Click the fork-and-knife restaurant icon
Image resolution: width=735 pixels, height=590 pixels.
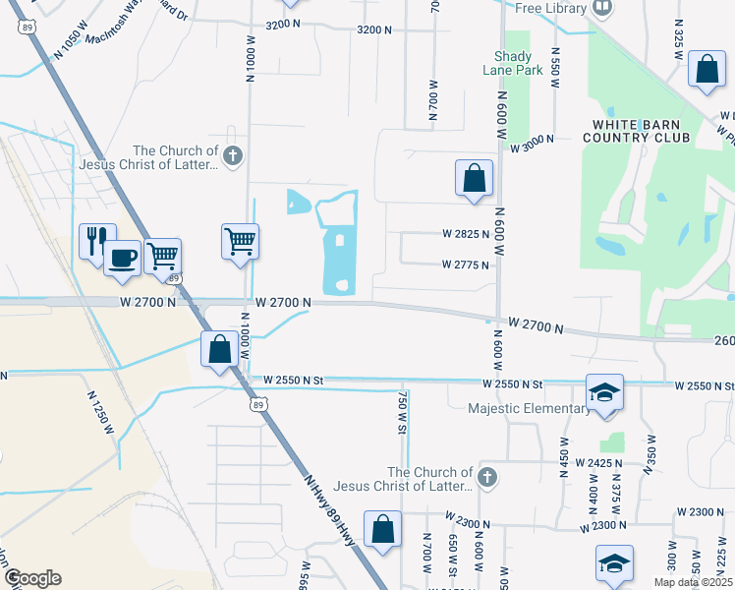point(94,239)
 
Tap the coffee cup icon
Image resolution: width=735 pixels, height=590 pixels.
point(122,257)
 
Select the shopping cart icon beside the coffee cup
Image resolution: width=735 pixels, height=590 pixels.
point(162,256)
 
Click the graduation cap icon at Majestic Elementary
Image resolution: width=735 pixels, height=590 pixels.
point(604,392)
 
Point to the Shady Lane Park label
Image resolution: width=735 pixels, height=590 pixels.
point(513,62)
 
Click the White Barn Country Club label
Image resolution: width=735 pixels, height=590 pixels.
point(645,131)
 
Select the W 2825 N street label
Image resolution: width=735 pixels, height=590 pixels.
point(466,234)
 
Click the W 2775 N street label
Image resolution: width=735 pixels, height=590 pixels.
point(466,265)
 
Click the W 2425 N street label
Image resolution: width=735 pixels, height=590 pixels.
point(599,462)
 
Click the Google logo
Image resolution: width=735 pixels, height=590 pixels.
point(31,578)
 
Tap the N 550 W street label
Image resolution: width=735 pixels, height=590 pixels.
point(555,67)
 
